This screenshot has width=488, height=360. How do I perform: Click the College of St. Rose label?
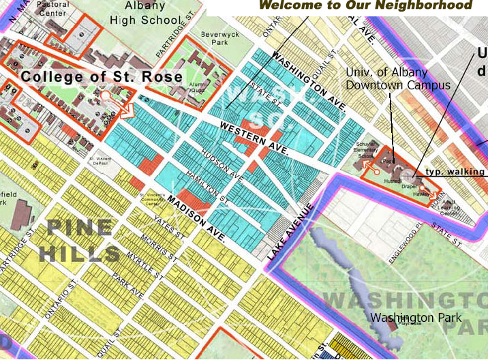pyautogui.click(x=102, y=76)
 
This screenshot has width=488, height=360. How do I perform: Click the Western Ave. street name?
pyautogui.click(x=256, y=138)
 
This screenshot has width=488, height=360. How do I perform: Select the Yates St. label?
pyautogui.click(x=166, y=225)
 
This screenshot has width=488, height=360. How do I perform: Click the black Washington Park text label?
pyautogui.click(x=416, y=318)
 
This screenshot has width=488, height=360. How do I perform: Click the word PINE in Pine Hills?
pyautogui.click(x=79, y=228)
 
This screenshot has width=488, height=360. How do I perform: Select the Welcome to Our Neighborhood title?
pyautogui.click(x=365, y=5)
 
